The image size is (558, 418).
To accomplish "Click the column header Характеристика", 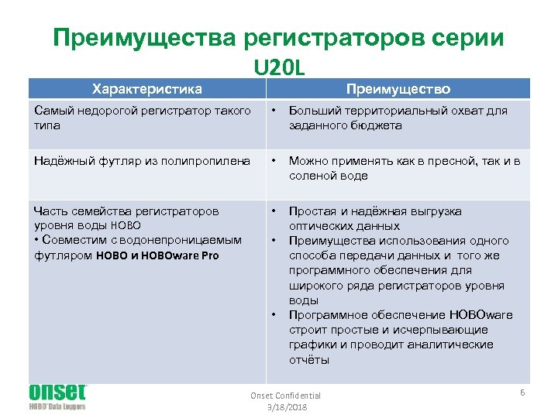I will (x=146, y=88).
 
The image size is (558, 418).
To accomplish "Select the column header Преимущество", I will (x=398, y=88).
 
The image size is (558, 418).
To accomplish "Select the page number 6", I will (x=522, y=393).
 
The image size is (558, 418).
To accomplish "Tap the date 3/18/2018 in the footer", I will (x=285, y=406).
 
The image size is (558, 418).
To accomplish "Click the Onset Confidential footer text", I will (x=285, y=396).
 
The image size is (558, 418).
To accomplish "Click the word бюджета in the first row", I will (x=374, y=125).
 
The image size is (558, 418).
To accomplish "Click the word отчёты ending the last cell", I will (x=309, y=359).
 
